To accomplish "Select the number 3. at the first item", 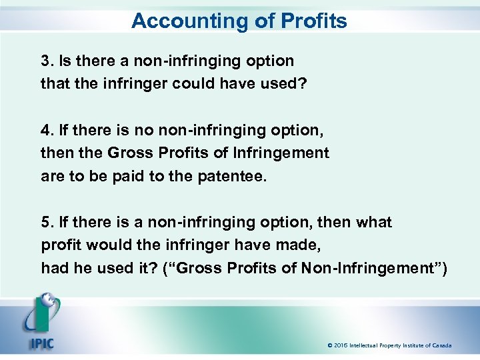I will point(47,61).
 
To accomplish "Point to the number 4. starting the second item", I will point(47,130).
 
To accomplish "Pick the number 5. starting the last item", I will point(47,222).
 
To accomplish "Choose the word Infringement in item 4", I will point(283,153).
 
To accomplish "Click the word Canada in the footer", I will point(441,346).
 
